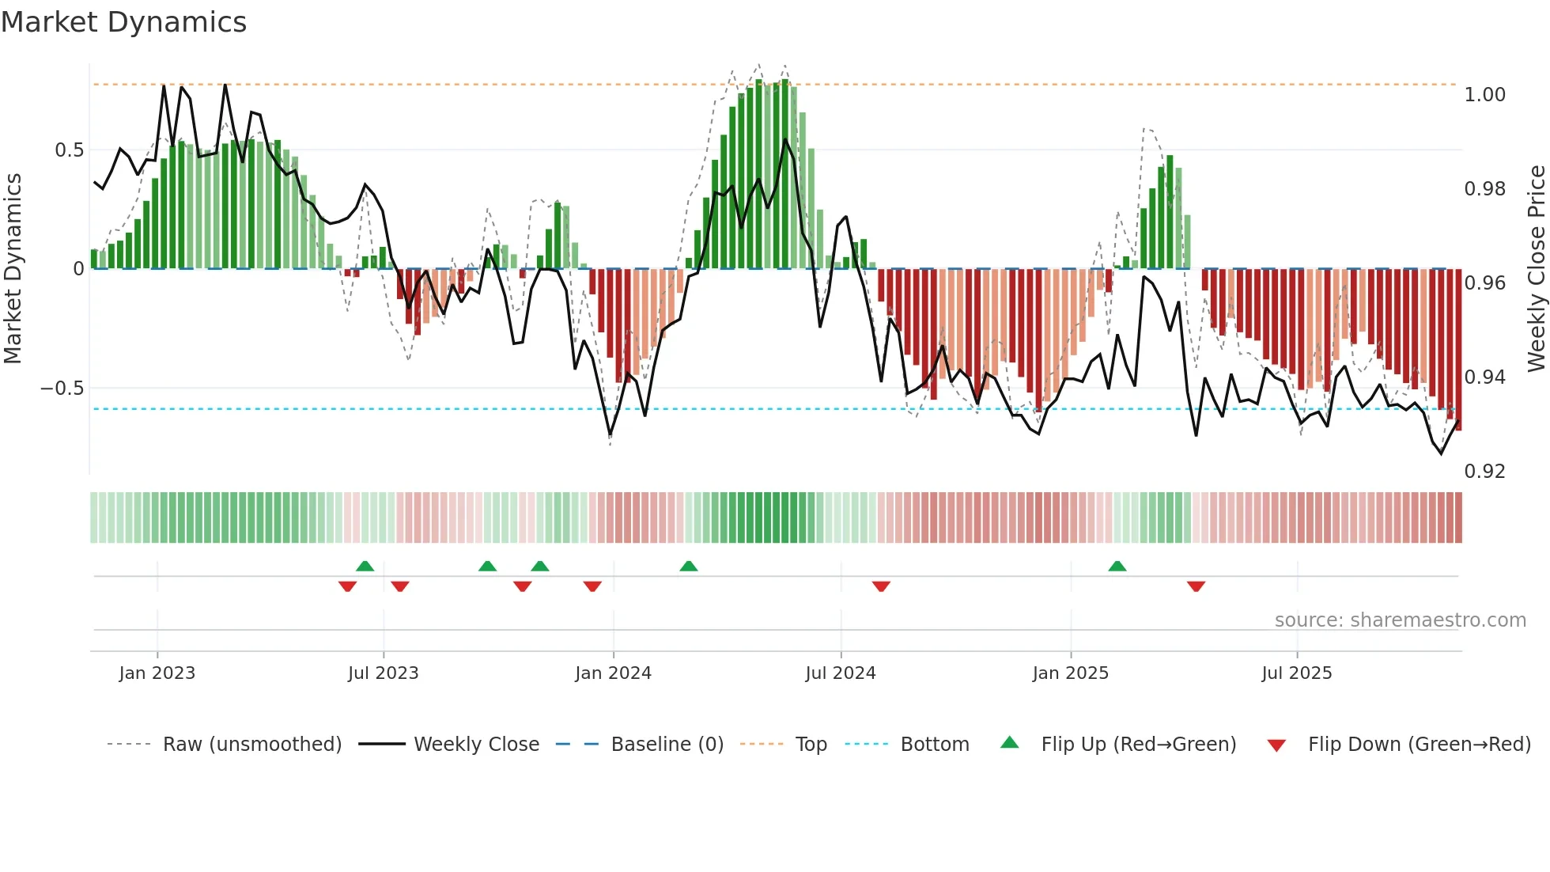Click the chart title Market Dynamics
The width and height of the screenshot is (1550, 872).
pos(124,22)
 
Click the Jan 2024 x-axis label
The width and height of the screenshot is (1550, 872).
pos(613,673)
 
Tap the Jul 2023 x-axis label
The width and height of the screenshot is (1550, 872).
pos(384,673)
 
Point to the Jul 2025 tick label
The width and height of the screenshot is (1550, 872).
pos(1297,673)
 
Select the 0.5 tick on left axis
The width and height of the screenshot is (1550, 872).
pos(69,150)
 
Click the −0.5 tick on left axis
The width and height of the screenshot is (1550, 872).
pos(62,389)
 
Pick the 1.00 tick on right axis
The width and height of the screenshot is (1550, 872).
pos(1484,95)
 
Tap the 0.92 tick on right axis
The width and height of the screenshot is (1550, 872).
pos(1484,472)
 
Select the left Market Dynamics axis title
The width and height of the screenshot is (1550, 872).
pos(13,269)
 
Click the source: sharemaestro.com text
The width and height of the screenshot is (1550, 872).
pos(1400,620)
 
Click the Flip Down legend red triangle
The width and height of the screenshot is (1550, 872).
pos(1276,745)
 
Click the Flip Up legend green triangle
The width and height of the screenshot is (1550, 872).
pos(1010,743)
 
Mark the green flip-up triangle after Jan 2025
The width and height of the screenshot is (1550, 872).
pos(1117,567)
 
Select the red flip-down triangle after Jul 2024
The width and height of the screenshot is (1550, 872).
pos(881,586)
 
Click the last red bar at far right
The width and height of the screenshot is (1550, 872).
pos(1458,348)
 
